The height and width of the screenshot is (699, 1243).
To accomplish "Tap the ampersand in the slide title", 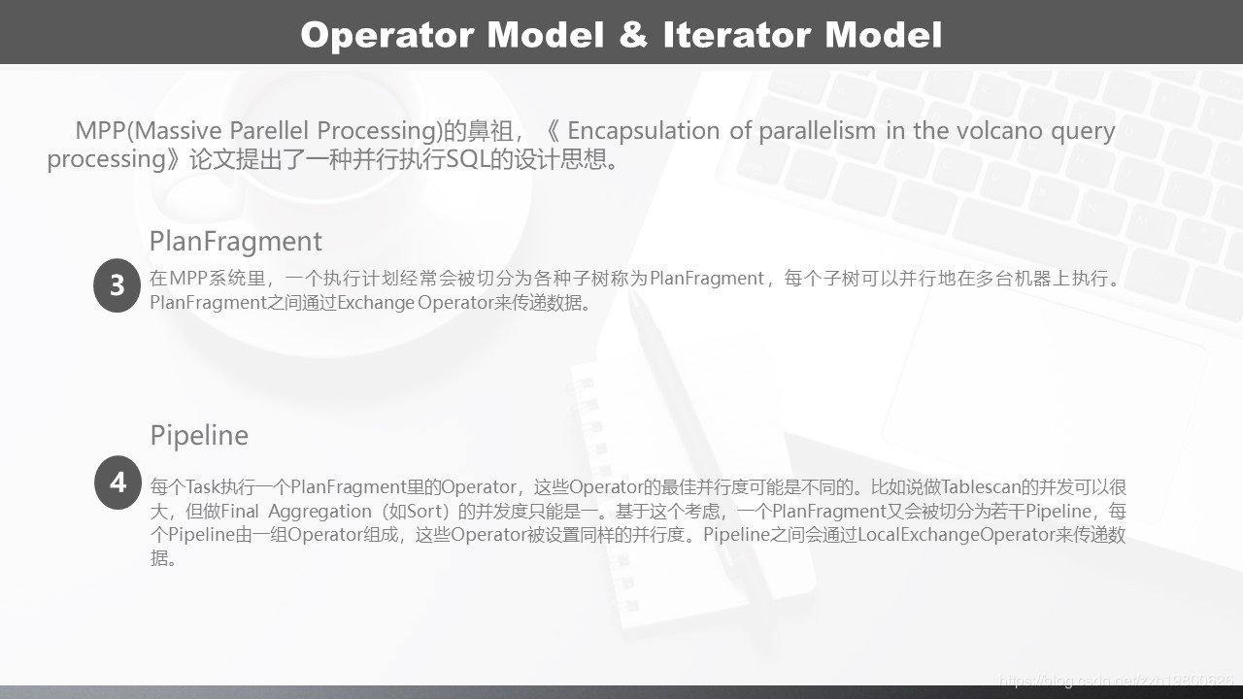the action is pos(633,34).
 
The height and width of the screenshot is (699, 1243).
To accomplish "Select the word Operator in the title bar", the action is pos(387,36).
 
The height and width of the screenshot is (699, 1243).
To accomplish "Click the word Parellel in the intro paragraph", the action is pos(269,131).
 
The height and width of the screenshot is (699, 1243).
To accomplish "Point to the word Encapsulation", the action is pos(644,132).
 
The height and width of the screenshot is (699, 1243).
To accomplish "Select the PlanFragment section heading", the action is pos(236,242).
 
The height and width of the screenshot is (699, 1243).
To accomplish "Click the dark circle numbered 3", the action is pos(117,285).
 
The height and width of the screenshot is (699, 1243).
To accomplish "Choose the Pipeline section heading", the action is pos(199,436).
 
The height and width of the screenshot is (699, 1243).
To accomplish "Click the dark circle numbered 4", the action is pos(118,483).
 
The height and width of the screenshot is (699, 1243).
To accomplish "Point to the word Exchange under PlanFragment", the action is pos(376,304).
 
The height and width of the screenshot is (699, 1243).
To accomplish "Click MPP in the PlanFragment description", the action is pos(187,278).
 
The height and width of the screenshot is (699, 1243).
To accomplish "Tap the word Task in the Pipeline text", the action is pos(202,487).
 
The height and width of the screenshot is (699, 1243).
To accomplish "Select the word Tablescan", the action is pos(981,487).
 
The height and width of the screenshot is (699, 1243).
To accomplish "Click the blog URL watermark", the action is pos(1117,681).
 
